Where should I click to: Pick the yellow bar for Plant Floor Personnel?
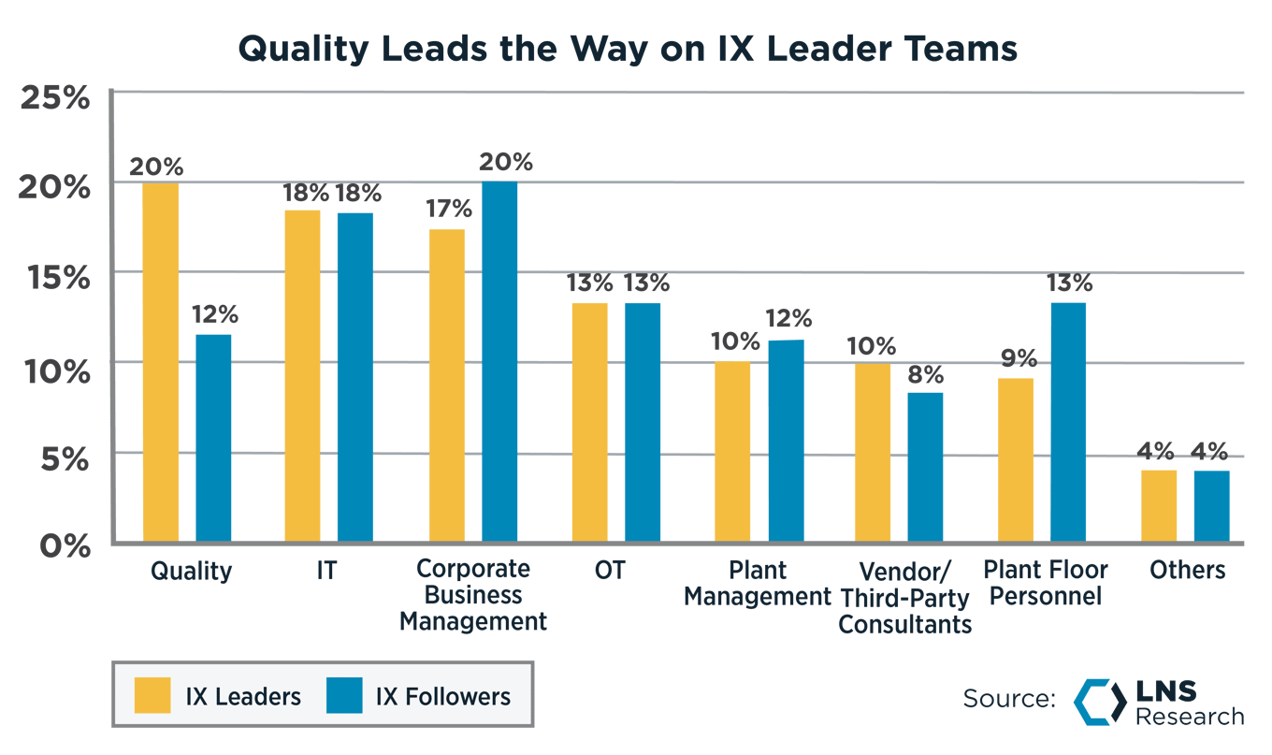pyautogui.click(x=1016, y=459)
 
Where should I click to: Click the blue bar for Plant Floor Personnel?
pyautogui.click(x=1068, y=421)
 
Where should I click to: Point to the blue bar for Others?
pyautogui.click(x=1211, y=505)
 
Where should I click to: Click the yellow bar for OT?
pyautogui.click(x=589, y=421)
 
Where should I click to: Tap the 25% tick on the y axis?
pyautogui.click(x=53, y=96)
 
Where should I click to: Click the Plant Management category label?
pyautogui.click(x=758, y=583)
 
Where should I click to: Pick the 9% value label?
pyautogui.click(x=1016, y=358)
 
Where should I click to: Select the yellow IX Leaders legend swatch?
pyautogui.click(x=153, y=696)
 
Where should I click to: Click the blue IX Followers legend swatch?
pyautogui.click(x=343, y=696)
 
